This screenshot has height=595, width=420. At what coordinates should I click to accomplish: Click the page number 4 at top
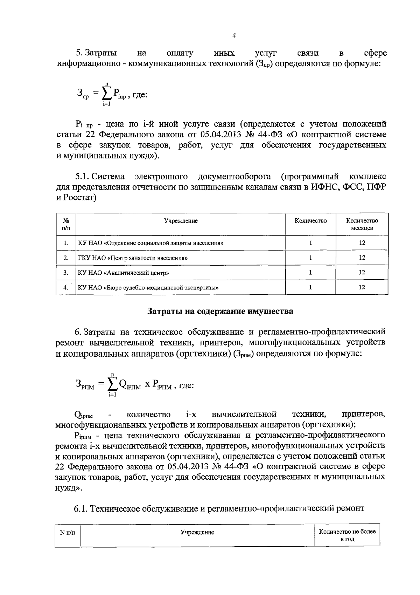(x=234, y=35)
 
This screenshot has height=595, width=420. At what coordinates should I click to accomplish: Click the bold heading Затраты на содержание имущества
(x=220, y=311)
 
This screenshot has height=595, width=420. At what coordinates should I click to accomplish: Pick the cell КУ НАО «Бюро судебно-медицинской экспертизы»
(x=149, y=288)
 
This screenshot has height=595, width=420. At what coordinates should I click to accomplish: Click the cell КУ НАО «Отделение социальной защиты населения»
(x=150, y=243)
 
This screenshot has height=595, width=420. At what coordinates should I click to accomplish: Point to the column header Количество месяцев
(x=362, y=224)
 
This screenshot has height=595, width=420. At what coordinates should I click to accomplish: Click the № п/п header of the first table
(x=66, y=224)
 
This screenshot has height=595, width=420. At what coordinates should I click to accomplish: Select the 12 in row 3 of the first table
(x=362, y=272)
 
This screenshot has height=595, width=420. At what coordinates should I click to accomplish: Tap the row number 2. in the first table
(x=66, y=258)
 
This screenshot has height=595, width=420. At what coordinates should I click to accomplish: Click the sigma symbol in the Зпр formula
(x=107, y=92)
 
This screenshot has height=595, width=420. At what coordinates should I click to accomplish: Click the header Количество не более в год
(x=347, y=535)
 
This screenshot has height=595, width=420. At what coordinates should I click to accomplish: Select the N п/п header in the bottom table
(x=68, y=532)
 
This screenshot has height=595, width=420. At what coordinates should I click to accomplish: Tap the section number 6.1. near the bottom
(x=81, y=508)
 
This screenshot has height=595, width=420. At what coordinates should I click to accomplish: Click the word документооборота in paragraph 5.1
(x=234, y=176)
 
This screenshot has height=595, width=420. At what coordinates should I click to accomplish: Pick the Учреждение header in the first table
(x=181, y=220)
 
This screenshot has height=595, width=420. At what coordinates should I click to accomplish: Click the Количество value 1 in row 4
(x=310, y=287)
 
